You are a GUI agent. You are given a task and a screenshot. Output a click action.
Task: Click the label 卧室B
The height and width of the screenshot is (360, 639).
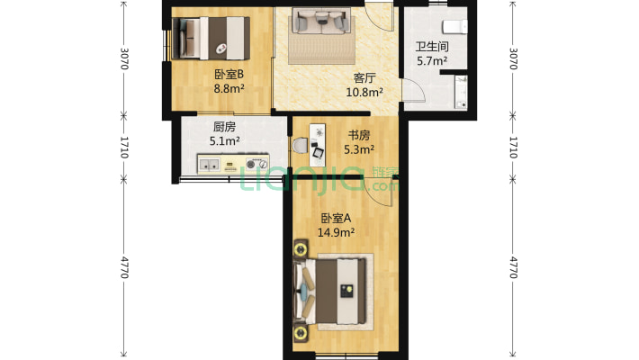[x=229, y=75]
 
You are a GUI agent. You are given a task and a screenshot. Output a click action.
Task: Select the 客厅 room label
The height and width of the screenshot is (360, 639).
[x=364, y=77]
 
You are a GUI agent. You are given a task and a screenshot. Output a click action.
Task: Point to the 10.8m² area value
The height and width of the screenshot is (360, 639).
[x=366, y=91]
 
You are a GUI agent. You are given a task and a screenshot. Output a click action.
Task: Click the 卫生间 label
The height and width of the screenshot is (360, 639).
[x=431, y=47]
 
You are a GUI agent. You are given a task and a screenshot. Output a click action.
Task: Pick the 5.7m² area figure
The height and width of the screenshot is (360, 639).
[x=431, y=61]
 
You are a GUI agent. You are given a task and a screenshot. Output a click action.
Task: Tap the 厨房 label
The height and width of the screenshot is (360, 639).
[x=225, y=127]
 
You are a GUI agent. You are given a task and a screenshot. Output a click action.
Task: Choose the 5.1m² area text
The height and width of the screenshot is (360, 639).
[x=225, y=140]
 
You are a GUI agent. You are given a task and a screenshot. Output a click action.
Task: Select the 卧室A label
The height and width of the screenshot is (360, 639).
[x=336, y=218]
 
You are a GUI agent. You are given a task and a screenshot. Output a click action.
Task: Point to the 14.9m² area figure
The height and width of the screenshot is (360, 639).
[x=336, y=232]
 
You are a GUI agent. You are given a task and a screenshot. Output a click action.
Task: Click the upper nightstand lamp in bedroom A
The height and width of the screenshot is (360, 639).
[x=300, y=247]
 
